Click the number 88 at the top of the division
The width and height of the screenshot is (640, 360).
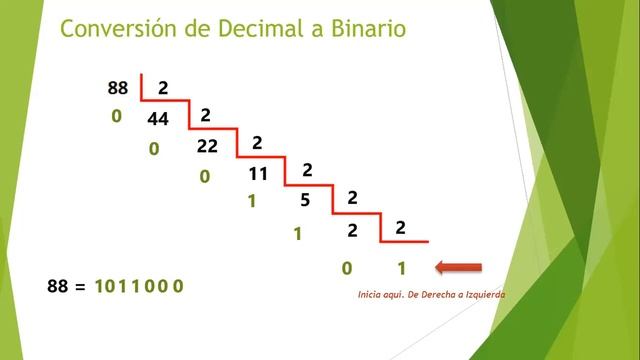tap(118, 88)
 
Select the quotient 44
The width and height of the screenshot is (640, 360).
tap(158, 120)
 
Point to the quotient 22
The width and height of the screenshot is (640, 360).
tap(207, 146)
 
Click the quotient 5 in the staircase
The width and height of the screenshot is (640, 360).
tap(306, 201)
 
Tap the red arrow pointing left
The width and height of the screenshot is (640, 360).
tap(460, 267)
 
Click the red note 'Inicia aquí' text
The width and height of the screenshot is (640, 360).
tap(431, 295)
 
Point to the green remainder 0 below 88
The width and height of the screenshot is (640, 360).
tap(116, 117)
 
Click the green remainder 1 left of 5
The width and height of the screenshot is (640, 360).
tap(252, 201)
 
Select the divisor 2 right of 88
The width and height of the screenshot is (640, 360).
tap(163, 88)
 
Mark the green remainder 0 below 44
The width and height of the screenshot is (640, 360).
tap(154, 149)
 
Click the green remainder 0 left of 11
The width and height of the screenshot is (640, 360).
tap(204, 176)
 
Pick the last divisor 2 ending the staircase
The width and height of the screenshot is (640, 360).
tap(400, 227)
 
